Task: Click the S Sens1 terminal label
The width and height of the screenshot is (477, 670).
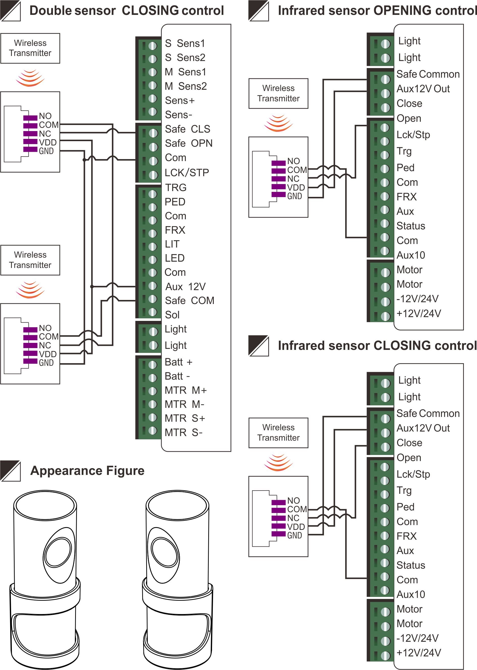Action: point(185,43)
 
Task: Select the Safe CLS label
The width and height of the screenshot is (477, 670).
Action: point(187,129)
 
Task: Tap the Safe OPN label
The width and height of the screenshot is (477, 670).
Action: point(189,143)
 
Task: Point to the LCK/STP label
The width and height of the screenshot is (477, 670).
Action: point(187,173)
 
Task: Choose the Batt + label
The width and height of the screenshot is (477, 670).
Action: point(178,362)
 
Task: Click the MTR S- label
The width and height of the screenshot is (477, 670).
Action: point(184,433)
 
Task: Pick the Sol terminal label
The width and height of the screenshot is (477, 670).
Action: point(172,315)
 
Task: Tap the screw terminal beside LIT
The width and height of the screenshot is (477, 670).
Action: point(153,247)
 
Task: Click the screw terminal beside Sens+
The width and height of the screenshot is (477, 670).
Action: point(153,99)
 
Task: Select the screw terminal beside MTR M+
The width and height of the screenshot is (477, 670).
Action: point(153,391)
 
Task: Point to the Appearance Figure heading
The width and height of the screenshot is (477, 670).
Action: point(87,471)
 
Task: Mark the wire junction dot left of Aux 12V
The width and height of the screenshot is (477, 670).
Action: point(92,287)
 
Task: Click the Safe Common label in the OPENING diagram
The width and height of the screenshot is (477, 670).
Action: point(428,74)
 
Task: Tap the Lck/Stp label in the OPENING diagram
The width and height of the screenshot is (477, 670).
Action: point(413,135)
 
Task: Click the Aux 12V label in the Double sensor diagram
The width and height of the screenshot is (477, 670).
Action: point(185,287)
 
